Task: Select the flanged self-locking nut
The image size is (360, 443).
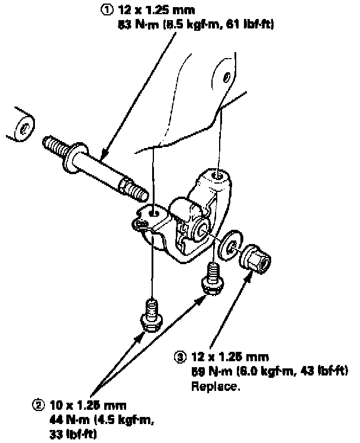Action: click(255, 256)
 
